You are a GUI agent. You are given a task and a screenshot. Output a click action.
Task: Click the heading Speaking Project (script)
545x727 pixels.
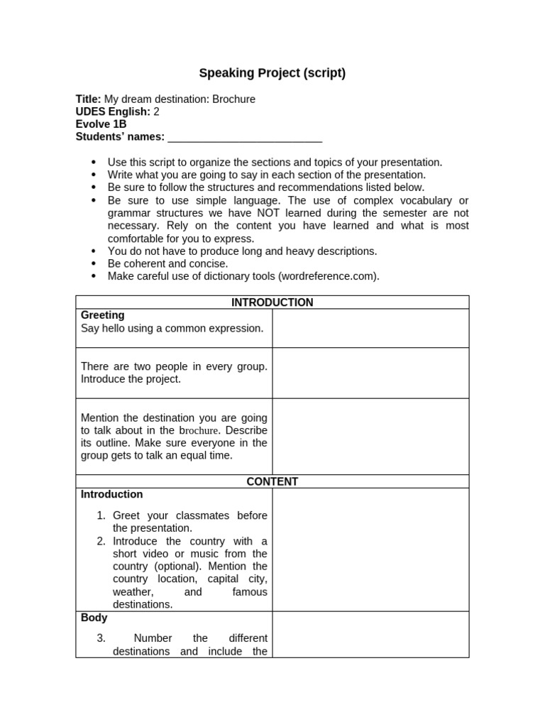pyautogui.click(x=272, y=73)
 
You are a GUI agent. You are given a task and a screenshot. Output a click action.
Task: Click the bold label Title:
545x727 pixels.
pyautogui.click(x=89, y=99)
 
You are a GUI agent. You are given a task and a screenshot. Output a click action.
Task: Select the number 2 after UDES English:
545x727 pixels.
pyautogui.click(x=157, y=111)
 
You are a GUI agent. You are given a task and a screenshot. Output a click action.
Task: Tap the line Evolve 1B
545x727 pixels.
pyautogui.click(x=101, y=124)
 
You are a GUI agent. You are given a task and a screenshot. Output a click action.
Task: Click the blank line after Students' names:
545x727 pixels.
pyautogui.click(x=245, y=137)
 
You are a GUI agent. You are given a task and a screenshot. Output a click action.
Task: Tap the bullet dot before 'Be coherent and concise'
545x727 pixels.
pyautogui.click(x=94, y=263)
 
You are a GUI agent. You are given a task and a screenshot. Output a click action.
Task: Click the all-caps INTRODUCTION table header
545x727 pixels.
pyautogui.click(x=272, y=302)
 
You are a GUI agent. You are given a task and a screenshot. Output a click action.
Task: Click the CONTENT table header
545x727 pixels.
pyautogui.click(x=272, y=481)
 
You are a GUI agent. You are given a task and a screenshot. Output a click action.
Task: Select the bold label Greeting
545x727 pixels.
pyautogui.click(x=102, y=315)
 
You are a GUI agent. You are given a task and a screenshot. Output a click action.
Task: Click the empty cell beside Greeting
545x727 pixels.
pyautogui.click(x=370, y=328)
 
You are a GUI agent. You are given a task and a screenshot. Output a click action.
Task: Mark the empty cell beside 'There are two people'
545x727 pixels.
pyautogui.click(x=370, y=373)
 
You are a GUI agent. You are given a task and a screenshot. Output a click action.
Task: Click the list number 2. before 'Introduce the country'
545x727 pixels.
pyautogui.click(x=101, y=541)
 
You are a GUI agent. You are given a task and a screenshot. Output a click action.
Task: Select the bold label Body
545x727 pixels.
pyautogui.click(x=94, y=618)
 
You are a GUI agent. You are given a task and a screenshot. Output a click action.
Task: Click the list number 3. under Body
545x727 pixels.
pyautogui.click(x=101, y=638)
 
